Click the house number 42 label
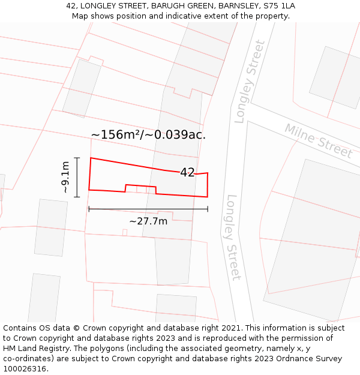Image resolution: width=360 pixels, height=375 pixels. tap(187, 172)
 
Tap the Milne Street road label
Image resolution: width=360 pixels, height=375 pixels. tap(319, 141)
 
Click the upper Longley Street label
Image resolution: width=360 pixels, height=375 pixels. tap(250, 82)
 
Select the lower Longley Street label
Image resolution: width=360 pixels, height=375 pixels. tap(233, 237)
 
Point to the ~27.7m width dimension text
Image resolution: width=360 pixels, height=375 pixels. tap(148, 221)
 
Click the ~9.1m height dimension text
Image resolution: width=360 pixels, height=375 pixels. tap(65, 177)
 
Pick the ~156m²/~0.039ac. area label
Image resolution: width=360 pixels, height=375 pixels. tap(148, 134)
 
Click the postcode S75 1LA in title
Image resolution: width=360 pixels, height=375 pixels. tap(278, 6)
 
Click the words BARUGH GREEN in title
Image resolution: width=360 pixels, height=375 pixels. tap(175, 6)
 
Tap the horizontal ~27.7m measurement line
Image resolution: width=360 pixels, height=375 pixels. tap(148, 209)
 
